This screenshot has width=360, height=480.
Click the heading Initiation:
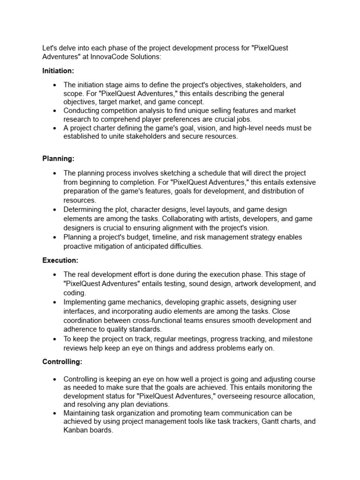(58, 70)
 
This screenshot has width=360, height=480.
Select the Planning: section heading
(58, 159)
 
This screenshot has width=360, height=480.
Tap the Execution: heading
(60, 260)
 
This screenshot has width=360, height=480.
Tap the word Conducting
(82, 111)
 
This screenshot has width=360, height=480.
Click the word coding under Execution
(74, 292)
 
